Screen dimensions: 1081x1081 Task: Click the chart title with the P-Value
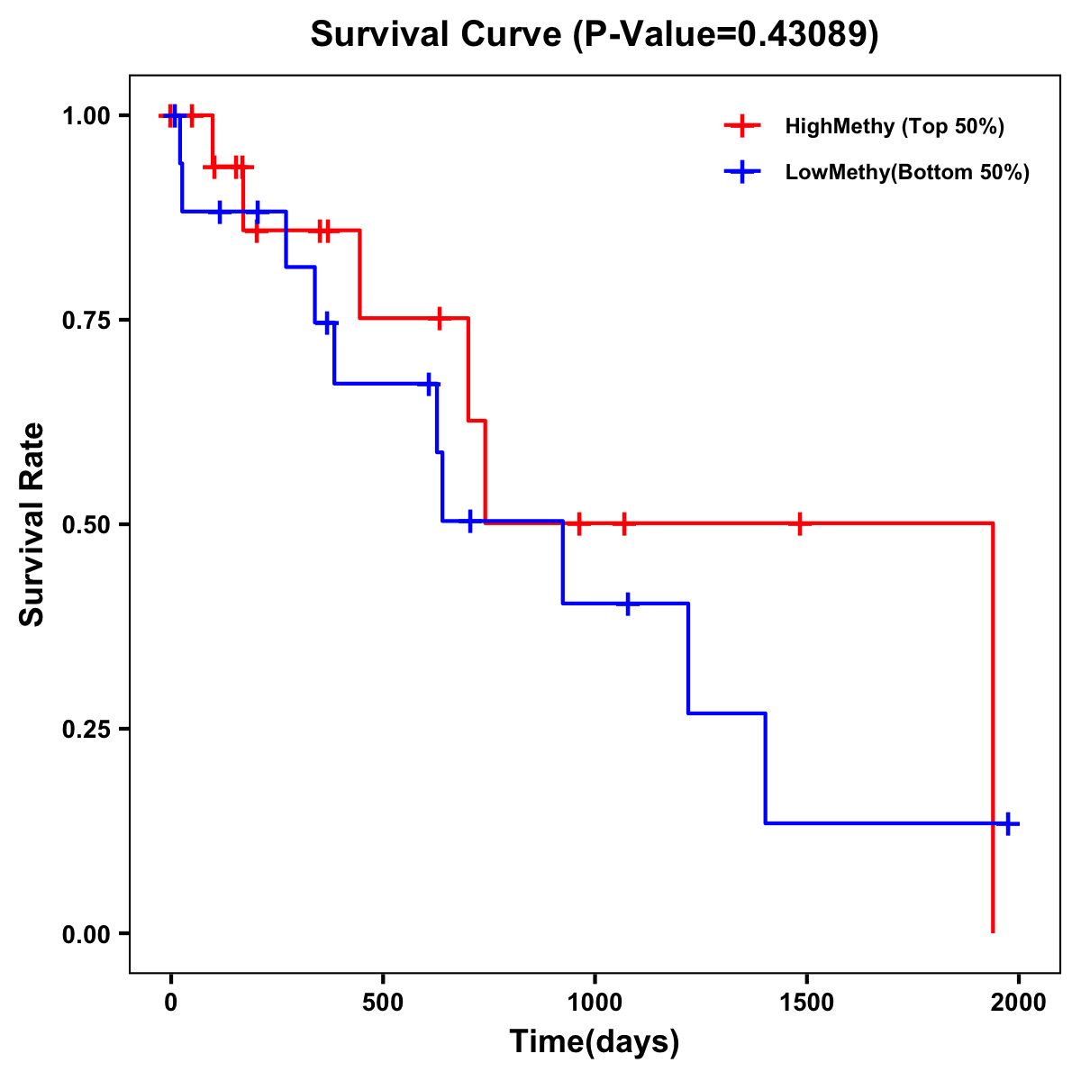point(594,34)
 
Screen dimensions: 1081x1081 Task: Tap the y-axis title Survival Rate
point(32,524)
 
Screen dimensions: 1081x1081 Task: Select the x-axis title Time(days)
point(595,1041)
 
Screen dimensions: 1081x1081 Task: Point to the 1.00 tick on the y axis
point(86,116)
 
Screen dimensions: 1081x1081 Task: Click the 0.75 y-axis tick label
point(86,320)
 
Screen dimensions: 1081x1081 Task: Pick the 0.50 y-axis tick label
point(86,524)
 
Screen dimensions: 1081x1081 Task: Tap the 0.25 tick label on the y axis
point(86,729)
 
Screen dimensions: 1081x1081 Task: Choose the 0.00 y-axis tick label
point(86,933)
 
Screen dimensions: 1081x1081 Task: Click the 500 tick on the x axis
point(383,1002)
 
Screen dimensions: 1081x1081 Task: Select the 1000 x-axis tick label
point(595,1002)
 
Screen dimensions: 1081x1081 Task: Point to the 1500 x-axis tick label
point(806,1002)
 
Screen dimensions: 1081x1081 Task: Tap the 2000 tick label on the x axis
point(1018,1002)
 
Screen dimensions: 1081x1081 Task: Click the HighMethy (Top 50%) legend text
point(895,126)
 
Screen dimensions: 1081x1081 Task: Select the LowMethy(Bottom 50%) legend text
point(907,172)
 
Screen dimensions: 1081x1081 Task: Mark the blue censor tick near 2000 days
point(1008,823)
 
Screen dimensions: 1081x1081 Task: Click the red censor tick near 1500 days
point(799,523)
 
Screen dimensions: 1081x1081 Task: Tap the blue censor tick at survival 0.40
point(628,604)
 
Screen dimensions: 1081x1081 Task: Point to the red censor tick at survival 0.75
point(439,318)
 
